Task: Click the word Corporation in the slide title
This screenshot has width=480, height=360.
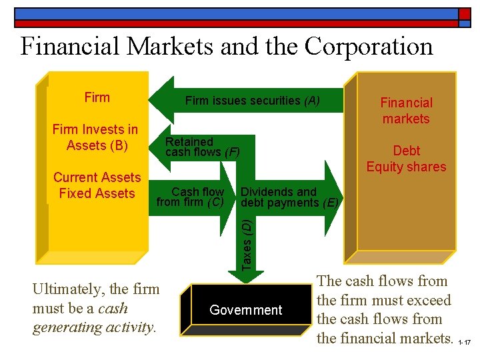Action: coord(369,46)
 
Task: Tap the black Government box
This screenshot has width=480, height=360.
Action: coord(246,310)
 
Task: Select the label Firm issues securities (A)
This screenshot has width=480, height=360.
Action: coord(252,101)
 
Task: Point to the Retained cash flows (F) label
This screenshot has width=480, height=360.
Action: coord(202,147)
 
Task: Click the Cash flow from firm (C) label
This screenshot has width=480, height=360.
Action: coord(191,197)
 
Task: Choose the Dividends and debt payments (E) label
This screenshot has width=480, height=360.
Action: coord(289,197)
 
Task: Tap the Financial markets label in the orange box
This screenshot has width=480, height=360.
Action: coord(406,111)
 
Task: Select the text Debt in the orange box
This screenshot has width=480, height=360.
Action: coord(406,151)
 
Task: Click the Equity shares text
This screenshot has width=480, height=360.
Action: coord(406,167)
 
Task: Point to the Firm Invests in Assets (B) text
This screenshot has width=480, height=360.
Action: coord(96,137)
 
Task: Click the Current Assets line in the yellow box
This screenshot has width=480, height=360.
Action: coord(97,177)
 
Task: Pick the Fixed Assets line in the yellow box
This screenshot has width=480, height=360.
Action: coord(97,193)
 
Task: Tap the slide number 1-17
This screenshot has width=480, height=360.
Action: coord(466,343)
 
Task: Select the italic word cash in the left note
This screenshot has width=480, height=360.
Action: coord(113,309)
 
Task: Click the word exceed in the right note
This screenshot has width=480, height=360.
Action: coord(428,301)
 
